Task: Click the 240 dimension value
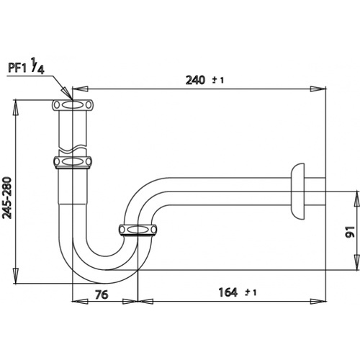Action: pos(193,80)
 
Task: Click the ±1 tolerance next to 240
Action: pos(217,80)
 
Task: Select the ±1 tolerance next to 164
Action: pos(250,292)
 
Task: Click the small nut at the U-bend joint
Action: pos(138,230)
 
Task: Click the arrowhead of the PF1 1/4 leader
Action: pos(70,96)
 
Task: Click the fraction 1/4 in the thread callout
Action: pos(43,68)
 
